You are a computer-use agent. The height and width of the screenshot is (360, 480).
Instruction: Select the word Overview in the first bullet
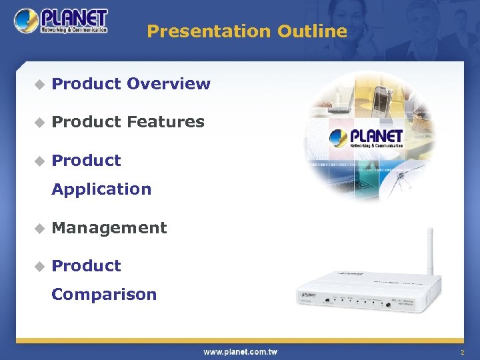[x=168, y=84]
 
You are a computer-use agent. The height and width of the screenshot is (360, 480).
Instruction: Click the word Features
[x=165, y=122]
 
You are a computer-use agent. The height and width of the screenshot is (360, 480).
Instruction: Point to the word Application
[x=101, y=189]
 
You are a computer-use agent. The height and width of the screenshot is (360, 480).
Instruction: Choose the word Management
[x=109, y=228]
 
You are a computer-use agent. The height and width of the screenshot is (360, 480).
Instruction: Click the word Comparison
[x=104, y=295]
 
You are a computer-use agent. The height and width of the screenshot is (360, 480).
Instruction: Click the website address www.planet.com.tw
[x=240, y=351]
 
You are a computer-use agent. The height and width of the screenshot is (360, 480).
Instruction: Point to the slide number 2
[x=461, y=351]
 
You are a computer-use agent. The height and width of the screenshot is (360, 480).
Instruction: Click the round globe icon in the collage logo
[x=339, y=139]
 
